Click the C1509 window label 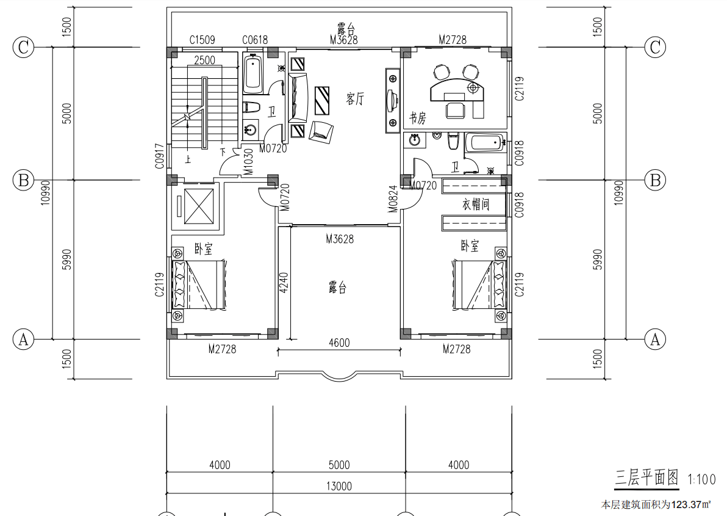pyautogui.click(x=202, y=40)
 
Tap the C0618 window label pyautogui.click(x=255, y=40)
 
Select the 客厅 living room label pyautogui.click(x=355, y=98)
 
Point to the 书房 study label pyautogui.click(x=417, y=118)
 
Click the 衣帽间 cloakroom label pyautogui.click(x=476, y=204)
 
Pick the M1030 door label pyautogui.click(x=248, y=162)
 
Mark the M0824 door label pyautogui.click(x=393, y=199)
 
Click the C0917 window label pyautogui.click(x=160, y=156)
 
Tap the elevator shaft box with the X pyautogui.click(x=199, y=206)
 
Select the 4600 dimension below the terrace pyautogui.click(x=339, y=343)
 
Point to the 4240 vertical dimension pyautogui.click(x=284, y=282)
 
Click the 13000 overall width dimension pyautogui.click(x=339, y=486)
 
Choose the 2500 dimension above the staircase pyautogui.click(x=204, y=60)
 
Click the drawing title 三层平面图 pyautogui.click(x=646, y=478)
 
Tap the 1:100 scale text pyautogui.click(x=701, y=479)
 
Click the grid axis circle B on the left pyautogui.click(x=23, y=180)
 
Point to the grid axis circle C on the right pyautogui.click(x=655, y=47)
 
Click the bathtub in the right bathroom pyautogui.click(x=485, y=142)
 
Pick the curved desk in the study pyautogui.click(x=457, y=90)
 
